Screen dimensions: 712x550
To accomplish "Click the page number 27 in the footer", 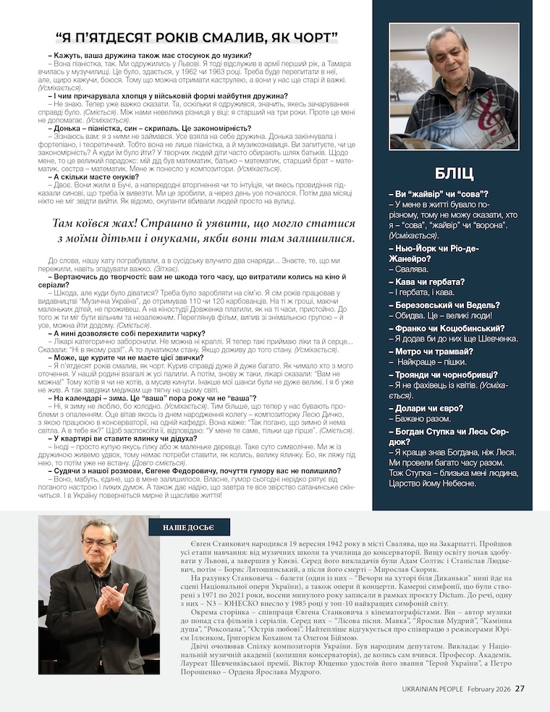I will [520, 688].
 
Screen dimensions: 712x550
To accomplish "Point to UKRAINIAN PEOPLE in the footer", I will [433, 689].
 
